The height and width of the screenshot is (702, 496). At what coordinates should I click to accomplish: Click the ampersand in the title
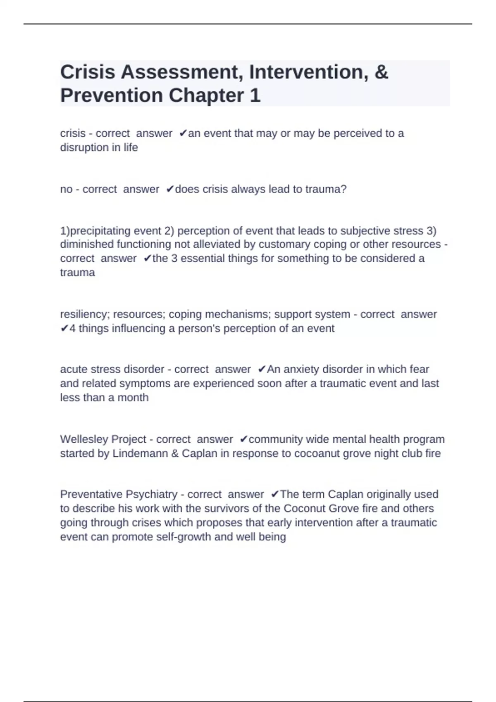tap(382, 72)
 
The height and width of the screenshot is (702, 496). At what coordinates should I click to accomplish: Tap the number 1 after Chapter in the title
tap(255, 96)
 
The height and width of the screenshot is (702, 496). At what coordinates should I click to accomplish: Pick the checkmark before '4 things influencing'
tap(64, 329)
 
